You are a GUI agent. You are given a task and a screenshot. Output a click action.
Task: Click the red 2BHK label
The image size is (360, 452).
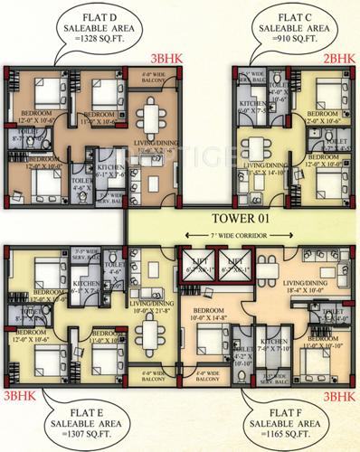click(337, 58)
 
